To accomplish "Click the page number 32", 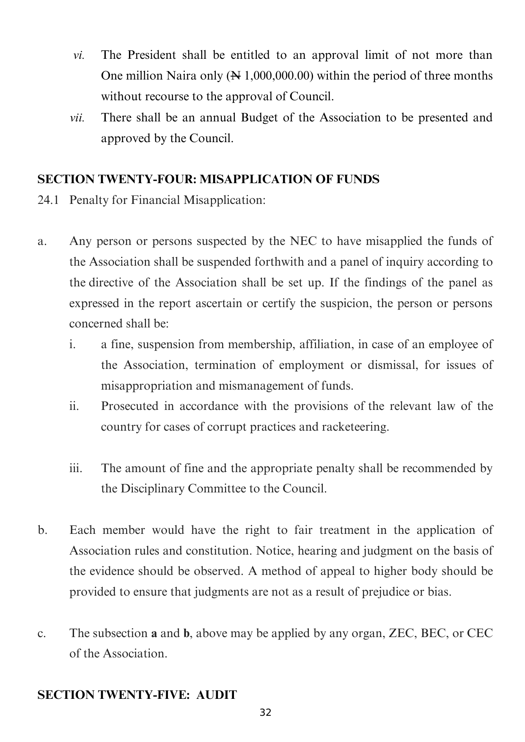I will point(265,713).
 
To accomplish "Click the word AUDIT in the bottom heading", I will point(216,695).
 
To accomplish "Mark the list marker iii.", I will point(76,468).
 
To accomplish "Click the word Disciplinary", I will point(153,489).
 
